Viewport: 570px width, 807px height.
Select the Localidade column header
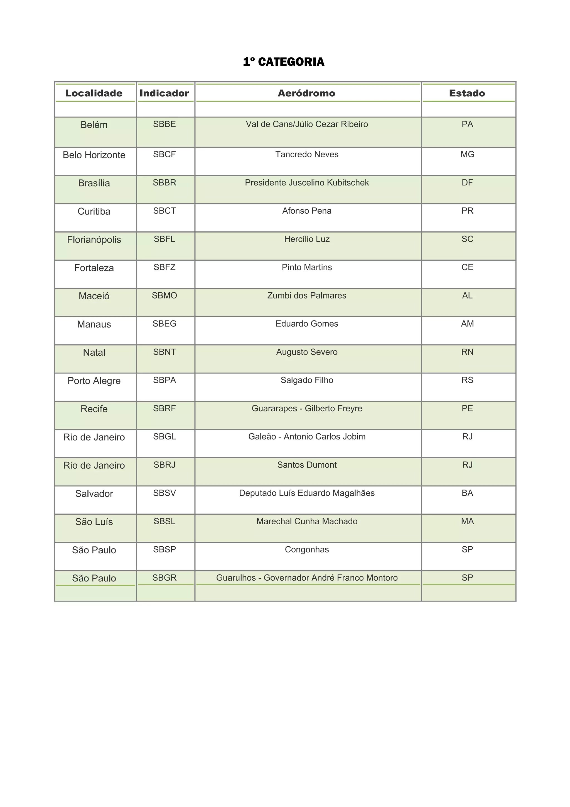point(94,93)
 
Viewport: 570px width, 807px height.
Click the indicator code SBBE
point(164,124)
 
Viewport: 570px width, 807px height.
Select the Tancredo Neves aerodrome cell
point(307,154)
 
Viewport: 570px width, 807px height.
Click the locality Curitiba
point(94,211)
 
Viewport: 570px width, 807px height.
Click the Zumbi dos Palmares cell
point(307,296)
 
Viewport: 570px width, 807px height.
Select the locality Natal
point(94,353)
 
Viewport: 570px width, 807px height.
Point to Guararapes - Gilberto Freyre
point(307,409)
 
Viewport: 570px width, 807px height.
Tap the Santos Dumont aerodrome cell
point(307,465)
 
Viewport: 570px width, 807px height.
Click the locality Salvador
point(94,493)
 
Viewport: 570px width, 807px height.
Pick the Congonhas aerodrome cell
point(307,549)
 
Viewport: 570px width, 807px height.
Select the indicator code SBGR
point(164,578)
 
